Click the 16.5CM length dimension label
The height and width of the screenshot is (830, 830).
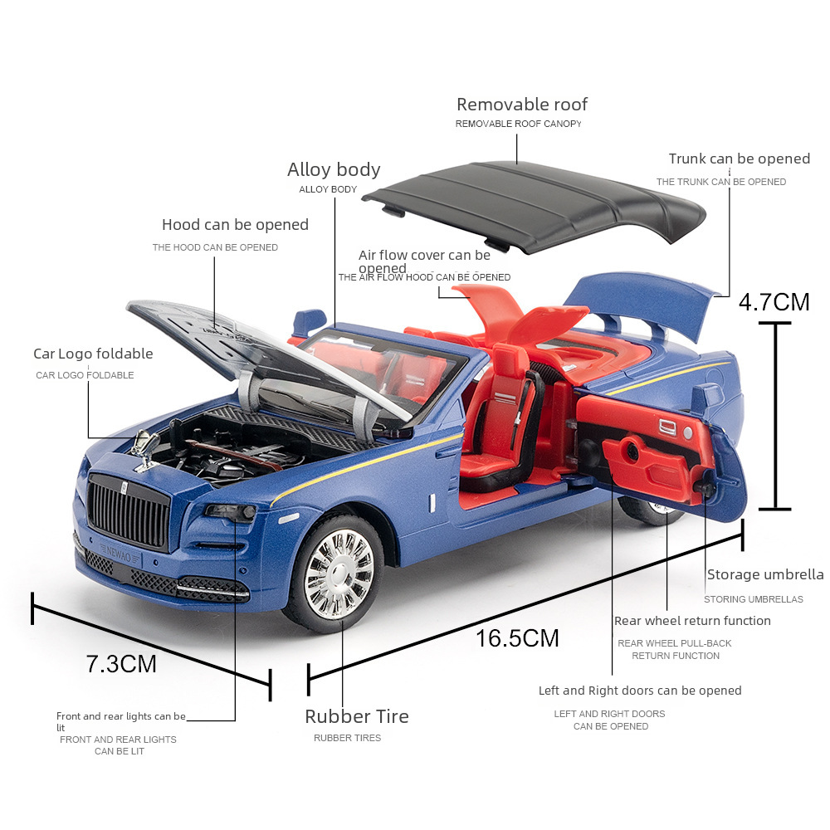click(x=517, y=638)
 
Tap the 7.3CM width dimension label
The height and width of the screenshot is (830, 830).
click(x=121, y=664)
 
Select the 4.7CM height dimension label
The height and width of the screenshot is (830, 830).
click(x=774, y=301)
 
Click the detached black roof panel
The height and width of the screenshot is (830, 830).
click(x=531, y=203)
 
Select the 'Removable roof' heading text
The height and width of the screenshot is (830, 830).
click(x=521, y=105)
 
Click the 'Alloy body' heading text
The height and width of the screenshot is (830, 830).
click(x=334, y=170)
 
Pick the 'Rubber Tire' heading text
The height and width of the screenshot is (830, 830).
click(x=356, y=716)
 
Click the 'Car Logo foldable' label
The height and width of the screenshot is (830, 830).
click(x=93, y=354)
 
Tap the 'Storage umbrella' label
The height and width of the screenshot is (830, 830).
click(x=764, y=574)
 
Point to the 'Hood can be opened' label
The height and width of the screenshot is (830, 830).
click(x=235, y=225)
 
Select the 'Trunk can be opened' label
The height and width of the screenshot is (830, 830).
click(x=739, y=159)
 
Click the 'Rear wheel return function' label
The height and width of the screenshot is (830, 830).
click(x=692, y=621)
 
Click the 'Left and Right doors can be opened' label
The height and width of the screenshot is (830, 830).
click(x=640, y=691)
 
